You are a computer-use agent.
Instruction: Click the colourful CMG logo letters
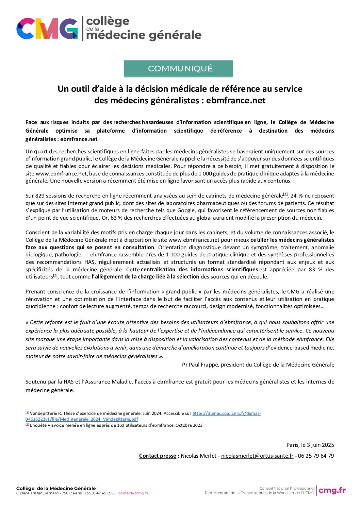47,29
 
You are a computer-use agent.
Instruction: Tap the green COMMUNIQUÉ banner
178,68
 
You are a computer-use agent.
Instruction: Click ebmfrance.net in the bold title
235,101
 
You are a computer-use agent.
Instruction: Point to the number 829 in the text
40,196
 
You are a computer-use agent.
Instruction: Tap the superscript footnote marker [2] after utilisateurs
55,276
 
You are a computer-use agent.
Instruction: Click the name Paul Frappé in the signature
204,365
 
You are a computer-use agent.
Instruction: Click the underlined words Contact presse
158,456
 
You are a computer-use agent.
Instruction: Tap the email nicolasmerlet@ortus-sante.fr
257,456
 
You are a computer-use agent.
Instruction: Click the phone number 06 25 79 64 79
316,456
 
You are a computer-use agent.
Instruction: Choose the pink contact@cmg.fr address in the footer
133,493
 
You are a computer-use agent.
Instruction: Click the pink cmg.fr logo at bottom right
332,490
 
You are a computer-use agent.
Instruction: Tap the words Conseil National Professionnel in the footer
287,488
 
